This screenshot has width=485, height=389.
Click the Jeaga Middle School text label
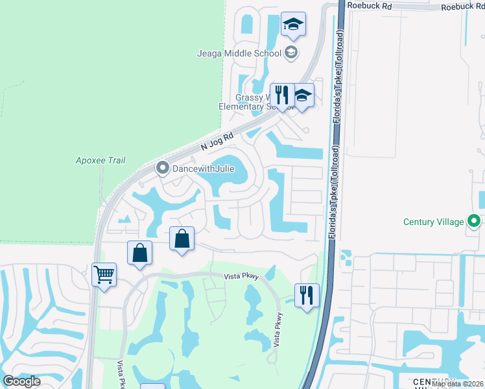[x=239, y=54]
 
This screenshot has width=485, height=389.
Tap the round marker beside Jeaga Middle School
[x=291, y=53]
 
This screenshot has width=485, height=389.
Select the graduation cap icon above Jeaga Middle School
[x=293, y=25]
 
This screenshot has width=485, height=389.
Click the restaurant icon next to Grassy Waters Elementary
[x=282, y=95]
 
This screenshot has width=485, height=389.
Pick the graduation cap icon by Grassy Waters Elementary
[x=302, y=96]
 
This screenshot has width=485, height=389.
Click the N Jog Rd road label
[x=217, y=142]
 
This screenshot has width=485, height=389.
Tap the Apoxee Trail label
[x=101, y=160]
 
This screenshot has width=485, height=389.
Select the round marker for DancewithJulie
[x=162, y=169]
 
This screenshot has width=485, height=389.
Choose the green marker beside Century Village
[x=474, y=222]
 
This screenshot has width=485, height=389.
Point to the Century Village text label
[x=434, y=222]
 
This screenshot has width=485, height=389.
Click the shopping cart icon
[x=104, y=275]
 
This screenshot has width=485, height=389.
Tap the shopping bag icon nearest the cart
[x=140, y=253]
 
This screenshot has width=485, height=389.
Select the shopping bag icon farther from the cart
[x=182, y=239]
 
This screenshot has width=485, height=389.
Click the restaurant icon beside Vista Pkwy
[x=307, y=296]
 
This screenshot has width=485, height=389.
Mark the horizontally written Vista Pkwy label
[x=242, y=276]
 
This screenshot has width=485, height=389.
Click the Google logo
[x=22, y=381]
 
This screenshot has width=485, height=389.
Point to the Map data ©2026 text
[x=457, y=384]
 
